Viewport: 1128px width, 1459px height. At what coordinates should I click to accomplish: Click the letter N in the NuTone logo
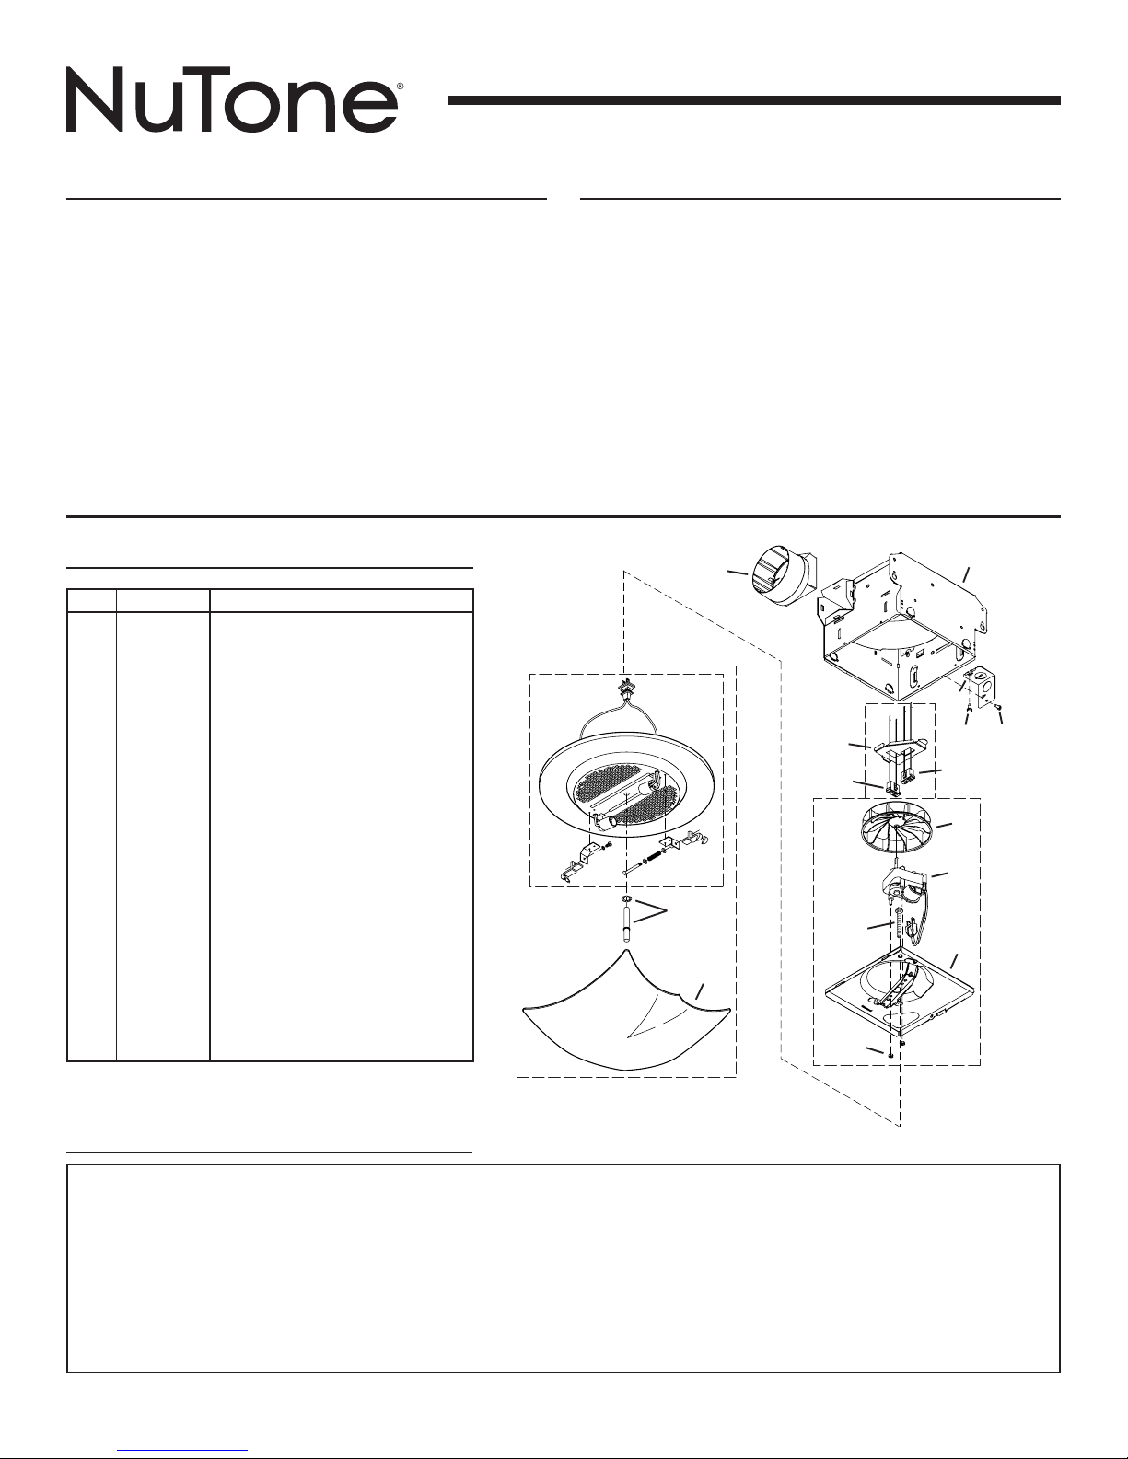94,99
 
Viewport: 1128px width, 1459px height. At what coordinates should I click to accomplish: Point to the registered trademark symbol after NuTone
401,87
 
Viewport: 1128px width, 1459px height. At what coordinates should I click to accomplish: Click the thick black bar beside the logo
753,100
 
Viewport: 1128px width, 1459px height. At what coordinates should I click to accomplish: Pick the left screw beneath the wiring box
970,709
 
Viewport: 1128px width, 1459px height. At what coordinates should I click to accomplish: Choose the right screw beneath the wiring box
998,706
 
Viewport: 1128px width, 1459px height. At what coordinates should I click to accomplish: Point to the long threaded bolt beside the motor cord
899,925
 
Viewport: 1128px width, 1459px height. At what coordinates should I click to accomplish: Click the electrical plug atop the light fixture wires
625,689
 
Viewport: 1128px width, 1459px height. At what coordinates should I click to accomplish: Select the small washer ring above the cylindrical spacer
625,899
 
